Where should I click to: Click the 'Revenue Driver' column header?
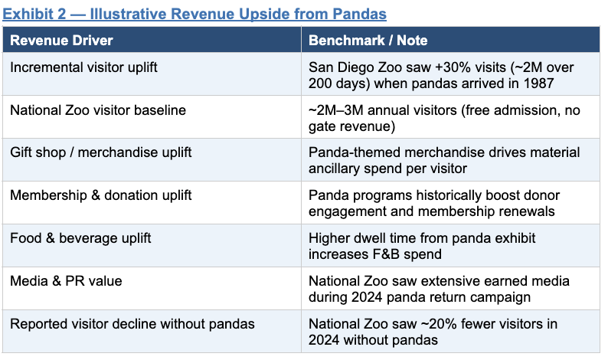pyautogui.click(x=61, y=41)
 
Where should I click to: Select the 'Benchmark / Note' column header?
pyautogui.click(x=368, y=41)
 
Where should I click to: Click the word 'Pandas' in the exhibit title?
pyautogui.click(x=359, y=14)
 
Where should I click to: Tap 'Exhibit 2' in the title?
pyautogui.click(x=34, y=14)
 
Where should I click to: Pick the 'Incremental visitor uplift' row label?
pyautogui.click(x=83, y=67)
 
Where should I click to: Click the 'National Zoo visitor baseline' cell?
pyautogui.click(x=98, y=110)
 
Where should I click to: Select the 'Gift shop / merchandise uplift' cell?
pyautogui.click(x=101, y=152)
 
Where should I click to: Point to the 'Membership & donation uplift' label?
pyautogui.click(x=101, y=195)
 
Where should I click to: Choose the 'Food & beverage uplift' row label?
pyautogui.click(x=80, y=238)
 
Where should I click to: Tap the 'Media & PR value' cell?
pyautogui.click(x=66, y=281)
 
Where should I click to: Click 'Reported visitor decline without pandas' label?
pyautogui.click(x=132, y=324)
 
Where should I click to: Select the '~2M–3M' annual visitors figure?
pyautogui.click(x=336, y=110)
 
